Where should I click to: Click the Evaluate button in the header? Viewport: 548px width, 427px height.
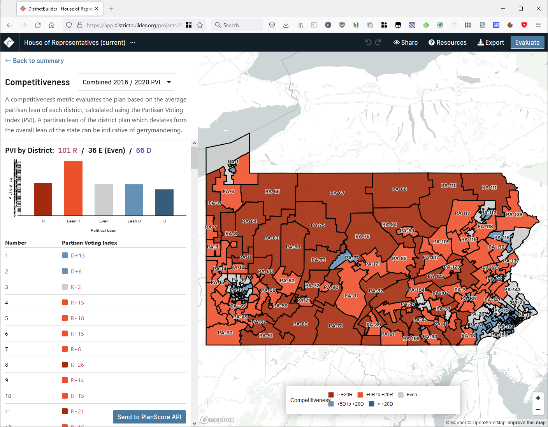click(527, 42)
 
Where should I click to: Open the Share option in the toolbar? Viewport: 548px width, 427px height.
click(406, 42)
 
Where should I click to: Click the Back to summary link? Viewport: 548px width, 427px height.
click(35, 61)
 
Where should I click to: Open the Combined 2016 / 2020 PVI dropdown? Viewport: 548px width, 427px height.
click(126, 82)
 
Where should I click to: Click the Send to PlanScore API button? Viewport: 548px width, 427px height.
click(149, 417)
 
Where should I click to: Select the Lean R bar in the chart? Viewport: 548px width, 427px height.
click(73, 188)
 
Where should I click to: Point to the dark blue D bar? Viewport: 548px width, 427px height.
click(164, 202)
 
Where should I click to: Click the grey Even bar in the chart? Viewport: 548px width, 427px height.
click(104, 200)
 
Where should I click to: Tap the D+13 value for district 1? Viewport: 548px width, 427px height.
click(77, 255)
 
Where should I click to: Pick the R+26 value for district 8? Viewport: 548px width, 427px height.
click(77, 365)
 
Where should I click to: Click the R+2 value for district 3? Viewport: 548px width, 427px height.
click(76, 287)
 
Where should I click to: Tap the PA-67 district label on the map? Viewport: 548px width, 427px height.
click(337, 193)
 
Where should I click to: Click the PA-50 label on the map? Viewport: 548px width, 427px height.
click(225, 333)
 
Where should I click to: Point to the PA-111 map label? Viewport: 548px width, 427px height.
click(489, 187)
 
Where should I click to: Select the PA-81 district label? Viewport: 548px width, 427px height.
click(351, 296)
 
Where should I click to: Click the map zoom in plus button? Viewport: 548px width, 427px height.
click(538, 398)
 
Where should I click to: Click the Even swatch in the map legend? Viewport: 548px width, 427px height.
click(400, 395)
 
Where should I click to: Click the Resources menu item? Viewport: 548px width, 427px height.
click(448, 42)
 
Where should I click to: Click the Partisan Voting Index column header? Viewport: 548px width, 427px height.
click(90, 243)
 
